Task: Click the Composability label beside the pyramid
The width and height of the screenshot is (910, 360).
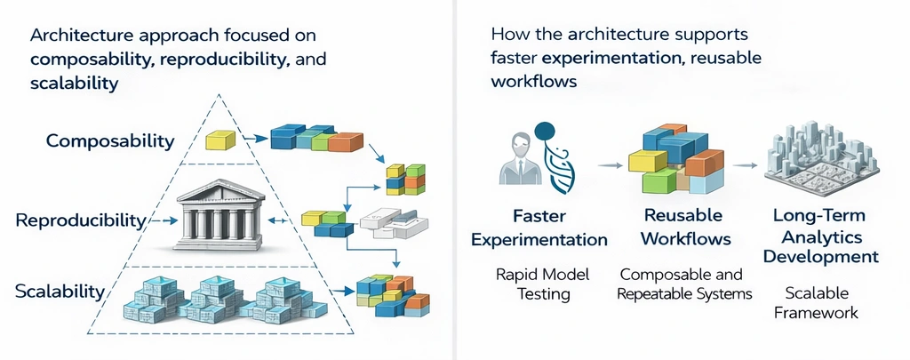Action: (109, 140)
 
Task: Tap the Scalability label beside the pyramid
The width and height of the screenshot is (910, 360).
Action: (60, 291)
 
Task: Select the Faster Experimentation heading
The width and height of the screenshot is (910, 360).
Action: (539, 228)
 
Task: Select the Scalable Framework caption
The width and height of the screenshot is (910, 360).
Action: (817, 302)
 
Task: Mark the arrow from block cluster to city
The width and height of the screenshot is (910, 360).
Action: (746, 165)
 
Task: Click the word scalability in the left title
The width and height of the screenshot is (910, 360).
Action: (74, 84)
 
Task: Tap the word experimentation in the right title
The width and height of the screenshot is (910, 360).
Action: (609, 60)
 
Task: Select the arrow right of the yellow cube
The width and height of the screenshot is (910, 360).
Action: (257, 139)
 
